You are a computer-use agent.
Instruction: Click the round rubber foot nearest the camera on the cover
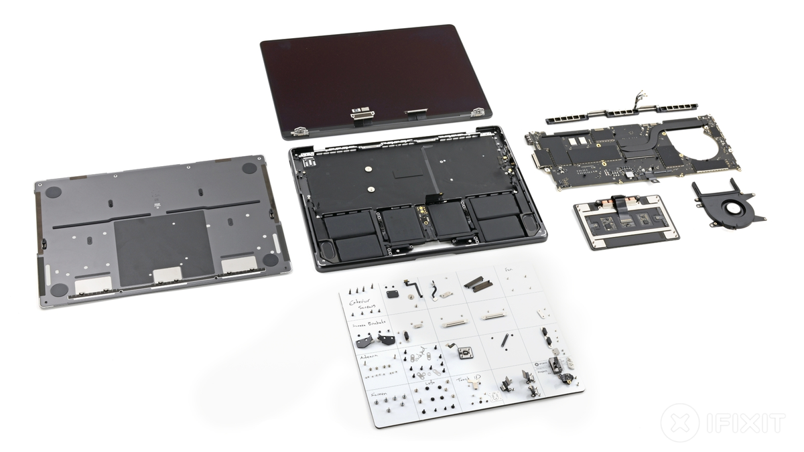(x=58, y=289)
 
